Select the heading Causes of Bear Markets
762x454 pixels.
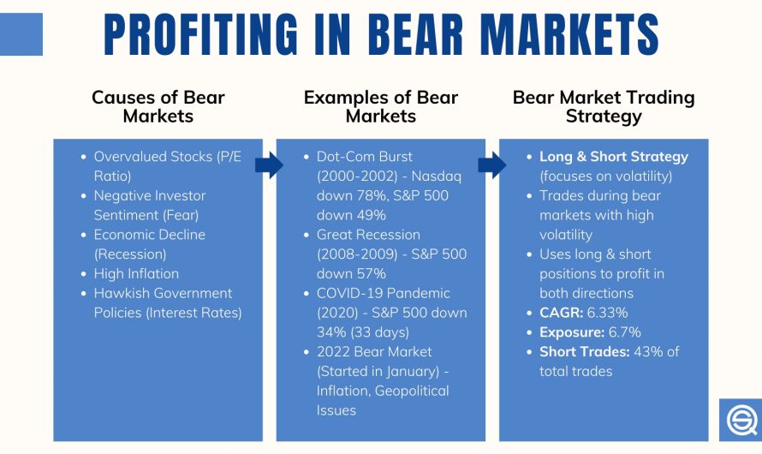tap(158, 106)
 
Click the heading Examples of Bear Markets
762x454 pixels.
tap(381, 106)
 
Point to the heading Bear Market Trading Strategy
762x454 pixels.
tap(604, 106)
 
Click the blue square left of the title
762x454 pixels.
tap(21, 35)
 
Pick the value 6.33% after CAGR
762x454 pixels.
tap(600, 313)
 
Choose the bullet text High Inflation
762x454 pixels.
tap(136, 274)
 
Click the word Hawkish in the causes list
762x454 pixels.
tap(120, 294)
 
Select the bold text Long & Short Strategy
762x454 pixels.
tap(613, 157)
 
